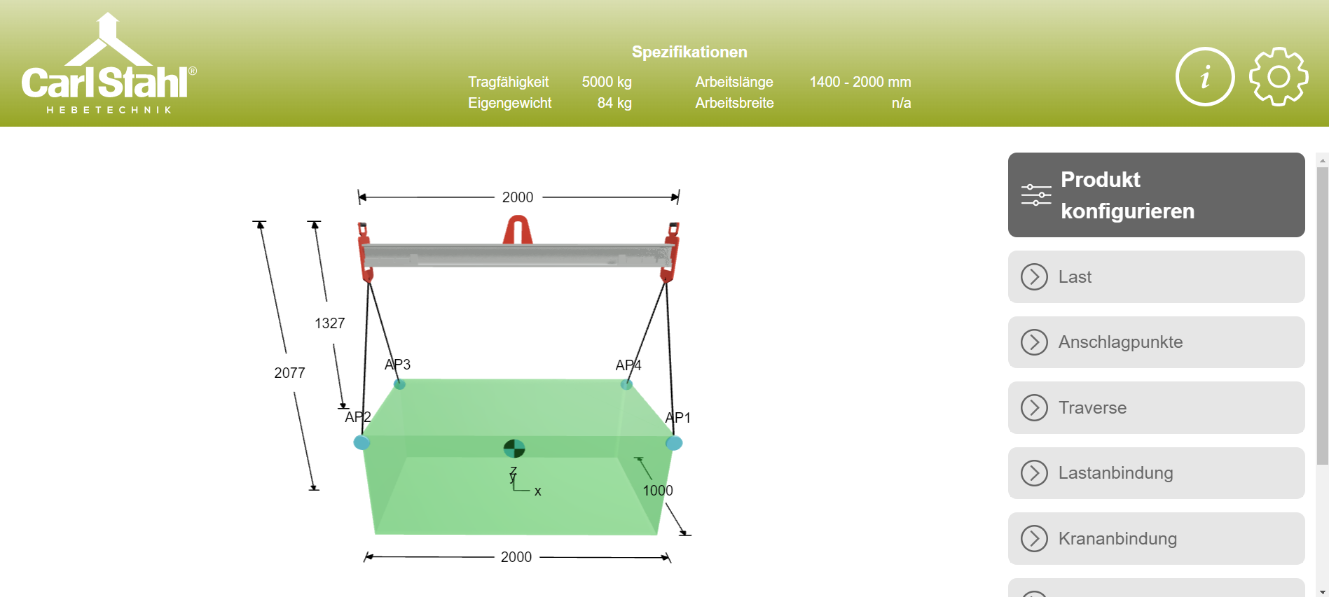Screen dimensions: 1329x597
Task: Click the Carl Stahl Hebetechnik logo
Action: pos(109,64)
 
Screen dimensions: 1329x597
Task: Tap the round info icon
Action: pos(1204,77)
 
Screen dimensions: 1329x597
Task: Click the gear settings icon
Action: pos(1278,77)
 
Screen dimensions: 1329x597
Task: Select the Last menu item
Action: pos(1156,277)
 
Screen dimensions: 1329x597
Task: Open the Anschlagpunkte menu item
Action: pos(1156,342)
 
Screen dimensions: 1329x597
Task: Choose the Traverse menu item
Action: pos(1156,407)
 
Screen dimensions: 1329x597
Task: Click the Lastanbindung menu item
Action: pos(1156,473)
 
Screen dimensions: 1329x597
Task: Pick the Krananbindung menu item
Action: pos(1156,538)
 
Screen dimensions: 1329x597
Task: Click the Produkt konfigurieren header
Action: pos(1156,195)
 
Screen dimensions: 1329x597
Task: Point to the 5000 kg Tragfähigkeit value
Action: pos(607,82)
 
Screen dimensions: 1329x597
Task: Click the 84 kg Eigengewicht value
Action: pos(614,103)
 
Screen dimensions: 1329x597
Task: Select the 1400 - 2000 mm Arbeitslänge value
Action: pos(860,82)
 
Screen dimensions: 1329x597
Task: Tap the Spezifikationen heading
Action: pos(689,52)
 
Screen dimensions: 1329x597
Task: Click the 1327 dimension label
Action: pos(330,323)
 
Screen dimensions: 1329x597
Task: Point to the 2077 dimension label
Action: pos(289,373)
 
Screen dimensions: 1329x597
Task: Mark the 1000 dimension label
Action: pos(658,491)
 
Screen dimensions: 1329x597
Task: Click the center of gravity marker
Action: pos(514,448)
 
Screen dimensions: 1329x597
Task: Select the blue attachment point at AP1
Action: pos(674,443)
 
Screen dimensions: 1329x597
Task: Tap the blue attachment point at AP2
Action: pos(361,442)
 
